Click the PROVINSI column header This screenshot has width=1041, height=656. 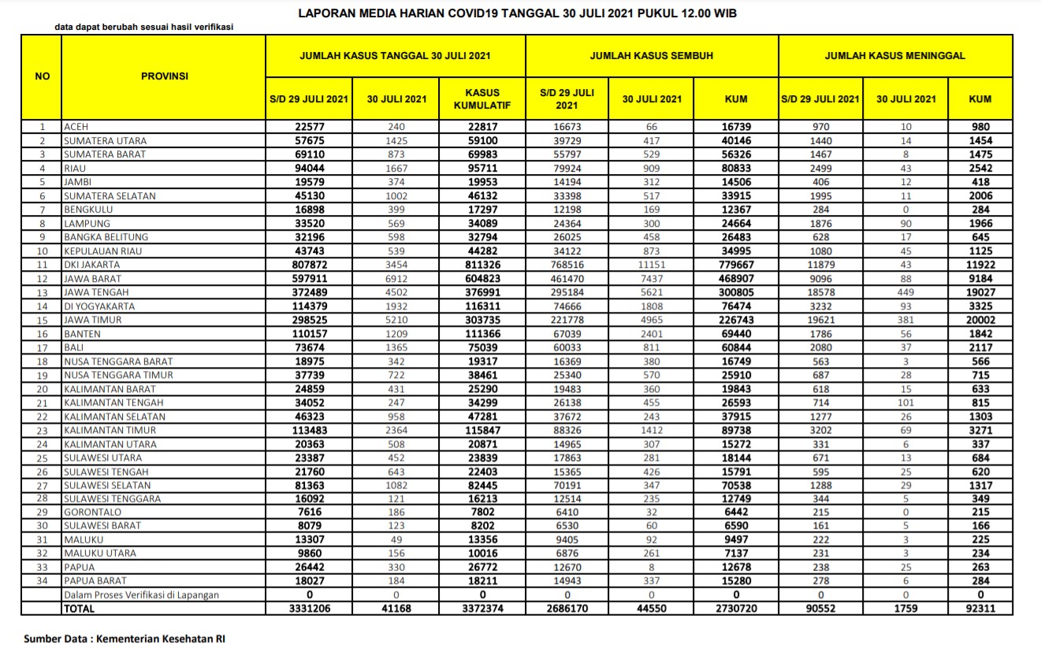click(x=164, y=76)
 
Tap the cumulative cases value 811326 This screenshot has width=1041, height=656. click(x=482, y=265)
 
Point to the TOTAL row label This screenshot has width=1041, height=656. click(x=80, y=609)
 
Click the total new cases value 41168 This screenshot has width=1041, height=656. click(x=396, y=609)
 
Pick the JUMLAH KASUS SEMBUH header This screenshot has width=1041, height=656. click(x=652, y=56)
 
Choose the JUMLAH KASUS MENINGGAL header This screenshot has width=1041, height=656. click(x=894, y=56)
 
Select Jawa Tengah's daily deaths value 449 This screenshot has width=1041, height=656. click(x=905, y=292)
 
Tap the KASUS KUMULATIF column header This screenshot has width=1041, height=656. click(x=482, y=98)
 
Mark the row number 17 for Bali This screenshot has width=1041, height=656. click(x=42, y=347)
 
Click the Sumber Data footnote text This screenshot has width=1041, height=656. click(x=125, y=639)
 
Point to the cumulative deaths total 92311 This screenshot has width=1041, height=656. click(x=980, y=609)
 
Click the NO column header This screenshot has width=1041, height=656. click(x=42, y=76)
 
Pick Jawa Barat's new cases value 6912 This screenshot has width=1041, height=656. click(x=396, y=279)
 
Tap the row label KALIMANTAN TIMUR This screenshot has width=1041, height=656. click(x=110, y=430)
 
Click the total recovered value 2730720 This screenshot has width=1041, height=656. click(x=736, y=609)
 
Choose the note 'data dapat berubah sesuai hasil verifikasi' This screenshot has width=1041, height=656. click(x=143, y=27)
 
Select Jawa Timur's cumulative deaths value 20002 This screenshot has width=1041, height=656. click(x=980, y=320)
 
